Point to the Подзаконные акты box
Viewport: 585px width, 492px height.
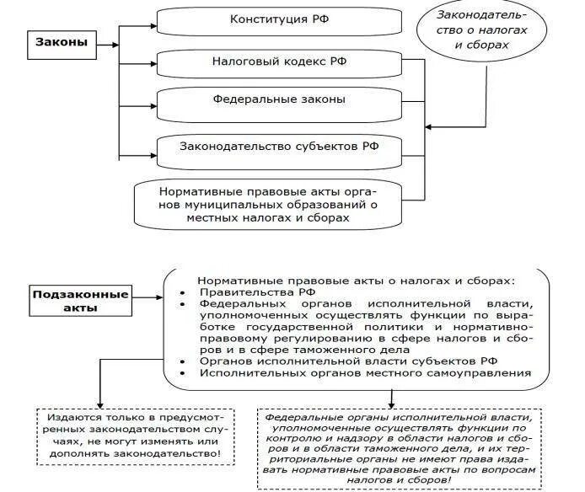pos(82,301)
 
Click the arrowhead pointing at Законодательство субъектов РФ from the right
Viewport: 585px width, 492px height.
pos(428,127)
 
